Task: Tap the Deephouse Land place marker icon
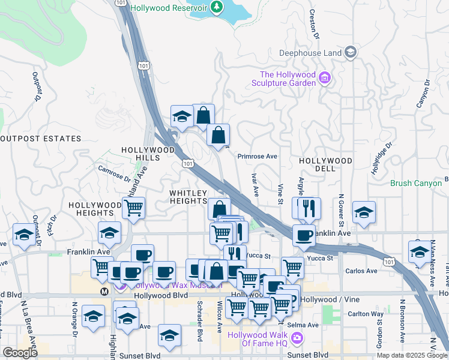(x=350, y=53)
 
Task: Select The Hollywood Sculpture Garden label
(x=287, y=79)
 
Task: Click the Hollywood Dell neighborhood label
(x=326, y=164)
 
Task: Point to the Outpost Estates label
(x=40, y=139)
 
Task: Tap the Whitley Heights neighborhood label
(x=188, y=197)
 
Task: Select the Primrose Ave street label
(x=257, y=156)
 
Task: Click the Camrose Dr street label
(x=114, y=173)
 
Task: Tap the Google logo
(x=20, y=353)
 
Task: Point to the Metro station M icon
(x=104, y=291)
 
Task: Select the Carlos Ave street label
(x=361, y=271)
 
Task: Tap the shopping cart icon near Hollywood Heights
(x=133, y=208)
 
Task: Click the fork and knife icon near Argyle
(x=310, y=208)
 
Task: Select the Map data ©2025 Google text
(x=411, y=355)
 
